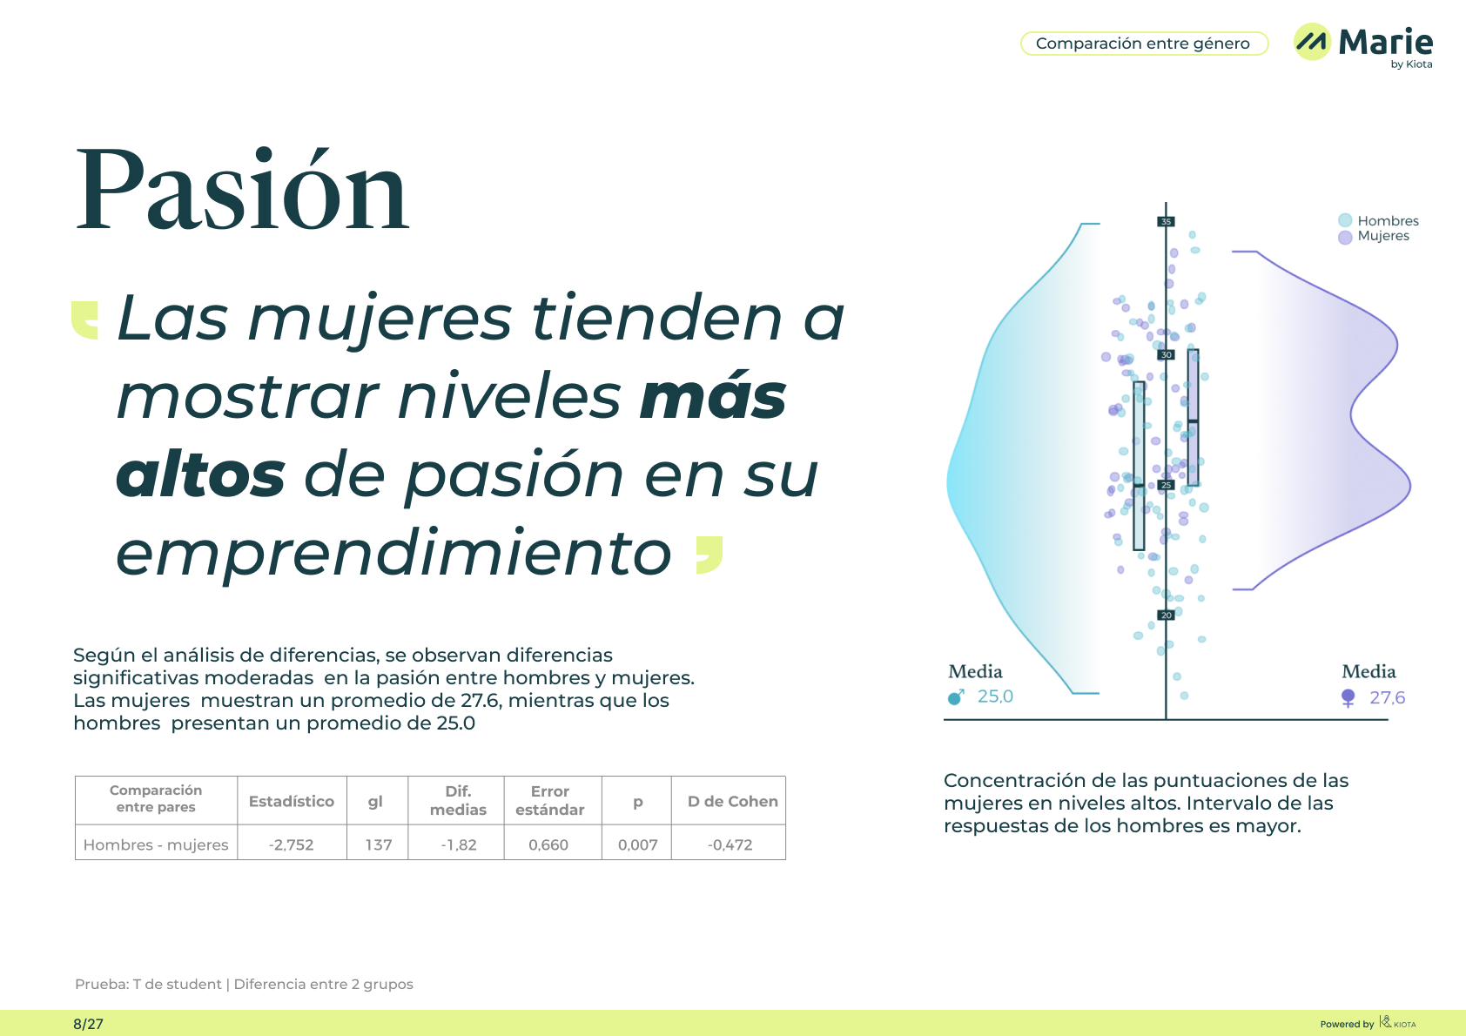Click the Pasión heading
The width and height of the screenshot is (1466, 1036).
coord(242,189)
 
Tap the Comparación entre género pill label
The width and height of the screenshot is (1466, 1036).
coord(1143,44)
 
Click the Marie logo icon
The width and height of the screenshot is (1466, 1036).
coord(1312,41)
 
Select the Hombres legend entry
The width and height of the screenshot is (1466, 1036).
coord(1378,220)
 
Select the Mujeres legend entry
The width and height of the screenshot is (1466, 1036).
coord(1374,236)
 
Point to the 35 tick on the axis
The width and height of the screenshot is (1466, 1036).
coord(1166,222)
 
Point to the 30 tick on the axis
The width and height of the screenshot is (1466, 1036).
coord(1166,354)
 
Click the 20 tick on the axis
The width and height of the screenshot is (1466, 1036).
coord(1166,616)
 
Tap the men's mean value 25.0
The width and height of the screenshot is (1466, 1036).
coord(995,696)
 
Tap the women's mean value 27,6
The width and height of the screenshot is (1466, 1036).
coord(1387,697)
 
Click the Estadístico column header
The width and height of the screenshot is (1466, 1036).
coord(292,801)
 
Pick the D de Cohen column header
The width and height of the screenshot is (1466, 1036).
coord(732,801)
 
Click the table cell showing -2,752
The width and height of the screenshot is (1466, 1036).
coord(292,844)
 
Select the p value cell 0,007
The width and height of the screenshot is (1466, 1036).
coord(637,844)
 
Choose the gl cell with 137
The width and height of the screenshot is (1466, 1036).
coord(379,844)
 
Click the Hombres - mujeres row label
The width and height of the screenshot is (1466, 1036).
coord(156,844)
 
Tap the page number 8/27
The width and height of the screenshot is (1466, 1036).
coord(88,1024)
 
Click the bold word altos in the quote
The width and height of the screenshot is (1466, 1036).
coord(200,474)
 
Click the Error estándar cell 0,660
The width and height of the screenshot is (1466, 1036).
coord(548,844)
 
